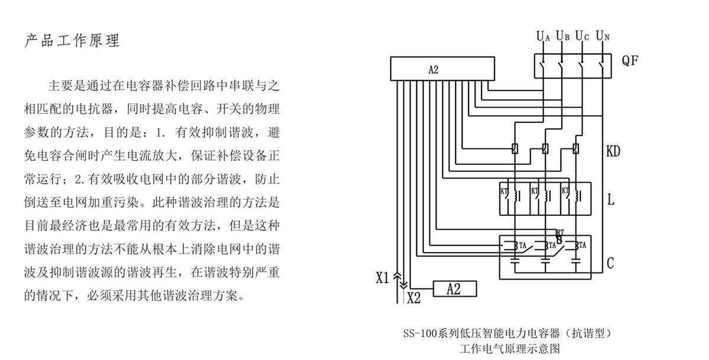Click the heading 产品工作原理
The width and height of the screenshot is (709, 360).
pos(73,41)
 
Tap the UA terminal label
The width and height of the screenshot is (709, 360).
pos(543,36)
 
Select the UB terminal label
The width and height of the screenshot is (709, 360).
pos(562,36)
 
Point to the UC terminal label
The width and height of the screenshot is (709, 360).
pos(582,36)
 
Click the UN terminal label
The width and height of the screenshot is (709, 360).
pos(602,36)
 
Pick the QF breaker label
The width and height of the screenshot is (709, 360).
pos(630,60)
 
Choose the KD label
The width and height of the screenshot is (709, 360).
pos(613,152)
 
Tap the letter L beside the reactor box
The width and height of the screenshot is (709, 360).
pos(610,200)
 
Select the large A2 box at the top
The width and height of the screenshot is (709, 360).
pos(442,70)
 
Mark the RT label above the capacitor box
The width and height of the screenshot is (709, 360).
pos(560,232)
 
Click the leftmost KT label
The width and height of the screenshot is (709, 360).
pos(504,191)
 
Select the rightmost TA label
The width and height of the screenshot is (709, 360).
pos(582,245)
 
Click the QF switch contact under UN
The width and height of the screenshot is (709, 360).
pos(602,63)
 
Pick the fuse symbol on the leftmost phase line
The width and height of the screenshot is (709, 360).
pos(515,149)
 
